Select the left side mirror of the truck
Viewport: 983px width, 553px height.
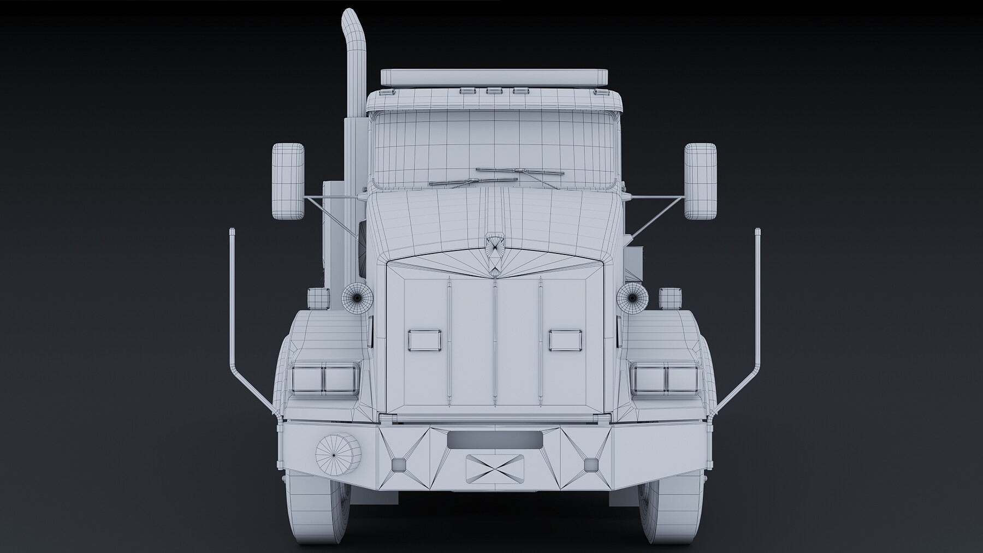tap(288, 181)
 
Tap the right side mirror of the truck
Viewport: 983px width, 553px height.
tap(700, 181)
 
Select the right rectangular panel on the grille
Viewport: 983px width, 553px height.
tap(566, 340)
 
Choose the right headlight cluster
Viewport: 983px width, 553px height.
tap(665, 378)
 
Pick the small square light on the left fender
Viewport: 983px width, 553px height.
tap(317, 298)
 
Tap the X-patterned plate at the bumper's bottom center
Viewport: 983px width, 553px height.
tap(494, 468)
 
